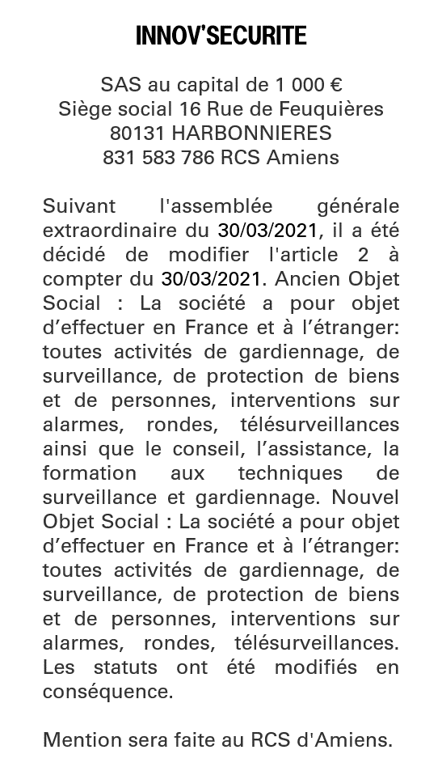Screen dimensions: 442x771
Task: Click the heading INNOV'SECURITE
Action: click(x=221, y=36)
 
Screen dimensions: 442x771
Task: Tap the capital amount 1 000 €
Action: click(x=309, y=84)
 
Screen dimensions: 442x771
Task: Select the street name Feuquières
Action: click(x=335, y=108)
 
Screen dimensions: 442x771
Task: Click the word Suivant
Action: click(x=79, y=205)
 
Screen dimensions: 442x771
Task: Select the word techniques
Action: click(x=289, y=472)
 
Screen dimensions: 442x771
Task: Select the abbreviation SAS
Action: click(x=118, y=84)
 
